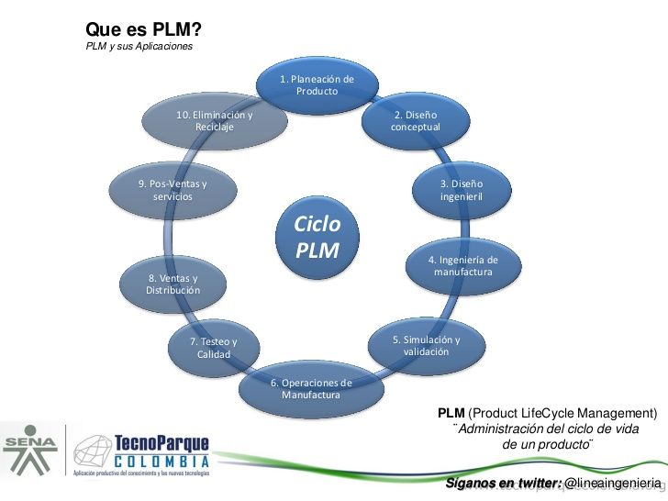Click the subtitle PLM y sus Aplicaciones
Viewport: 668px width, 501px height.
tap(139, 47)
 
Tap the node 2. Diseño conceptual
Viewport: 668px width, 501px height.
tap(416, 121)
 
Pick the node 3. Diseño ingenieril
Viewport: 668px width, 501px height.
tap(462, 190)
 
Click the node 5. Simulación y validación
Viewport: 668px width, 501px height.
tap(426, 345)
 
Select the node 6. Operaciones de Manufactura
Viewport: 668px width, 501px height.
tap(311, 388)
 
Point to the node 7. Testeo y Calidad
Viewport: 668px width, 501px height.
tap(213, 348)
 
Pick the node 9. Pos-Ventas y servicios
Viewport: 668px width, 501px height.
tap(173, 190)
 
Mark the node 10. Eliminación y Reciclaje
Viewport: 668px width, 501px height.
tap(215, 121)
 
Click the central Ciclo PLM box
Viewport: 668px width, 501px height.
tap(317, 238)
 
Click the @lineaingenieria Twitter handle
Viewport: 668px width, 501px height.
tap(612, 483)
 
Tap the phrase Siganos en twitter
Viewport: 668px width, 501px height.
tap(504, 483)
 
